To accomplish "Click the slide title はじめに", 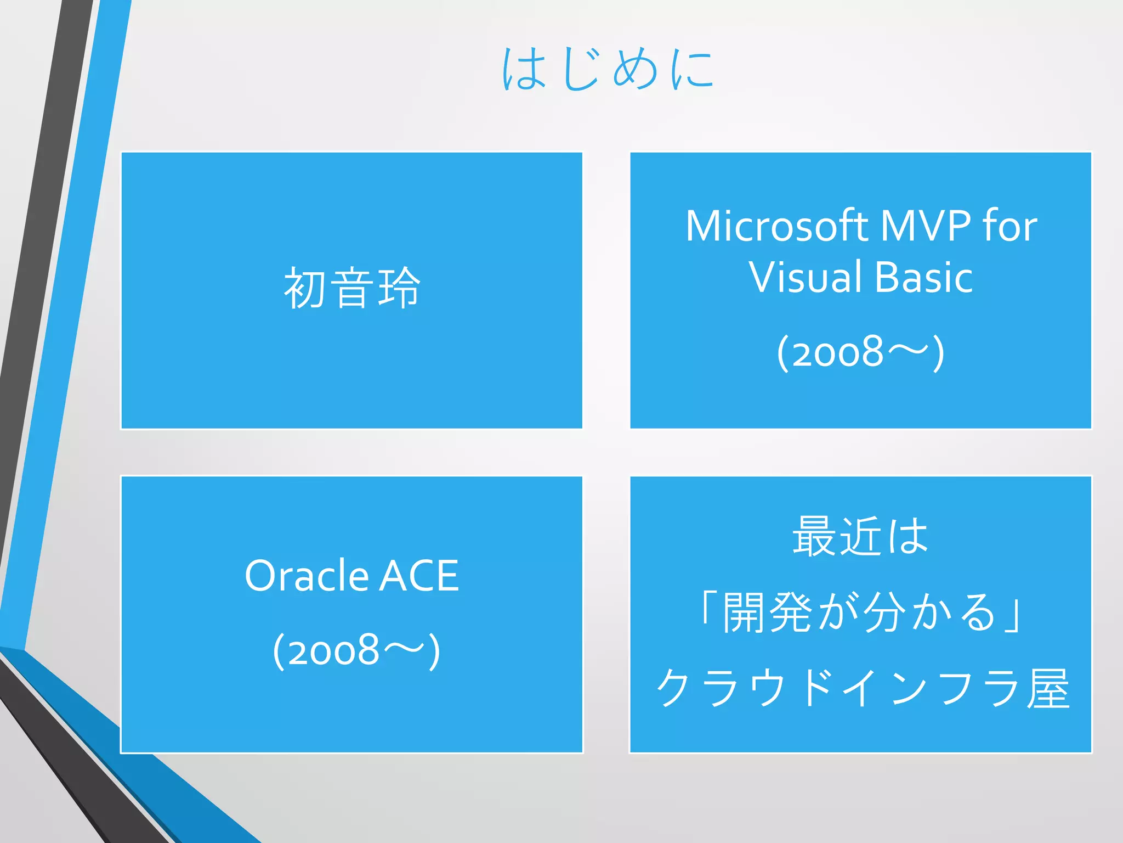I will coord(608,69).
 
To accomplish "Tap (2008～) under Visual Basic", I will coord(860,352).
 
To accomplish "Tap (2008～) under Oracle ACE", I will coord(356,650).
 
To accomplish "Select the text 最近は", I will coord(860,536).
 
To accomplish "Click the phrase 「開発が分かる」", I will coord(860,612).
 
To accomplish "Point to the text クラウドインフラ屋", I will coord(862,688).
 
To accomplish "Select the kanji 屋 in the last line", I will coord(1048,688).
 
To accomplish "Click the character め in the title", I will coord(635,70).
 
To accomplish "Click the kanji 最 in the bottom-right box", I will coord(814,536).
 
